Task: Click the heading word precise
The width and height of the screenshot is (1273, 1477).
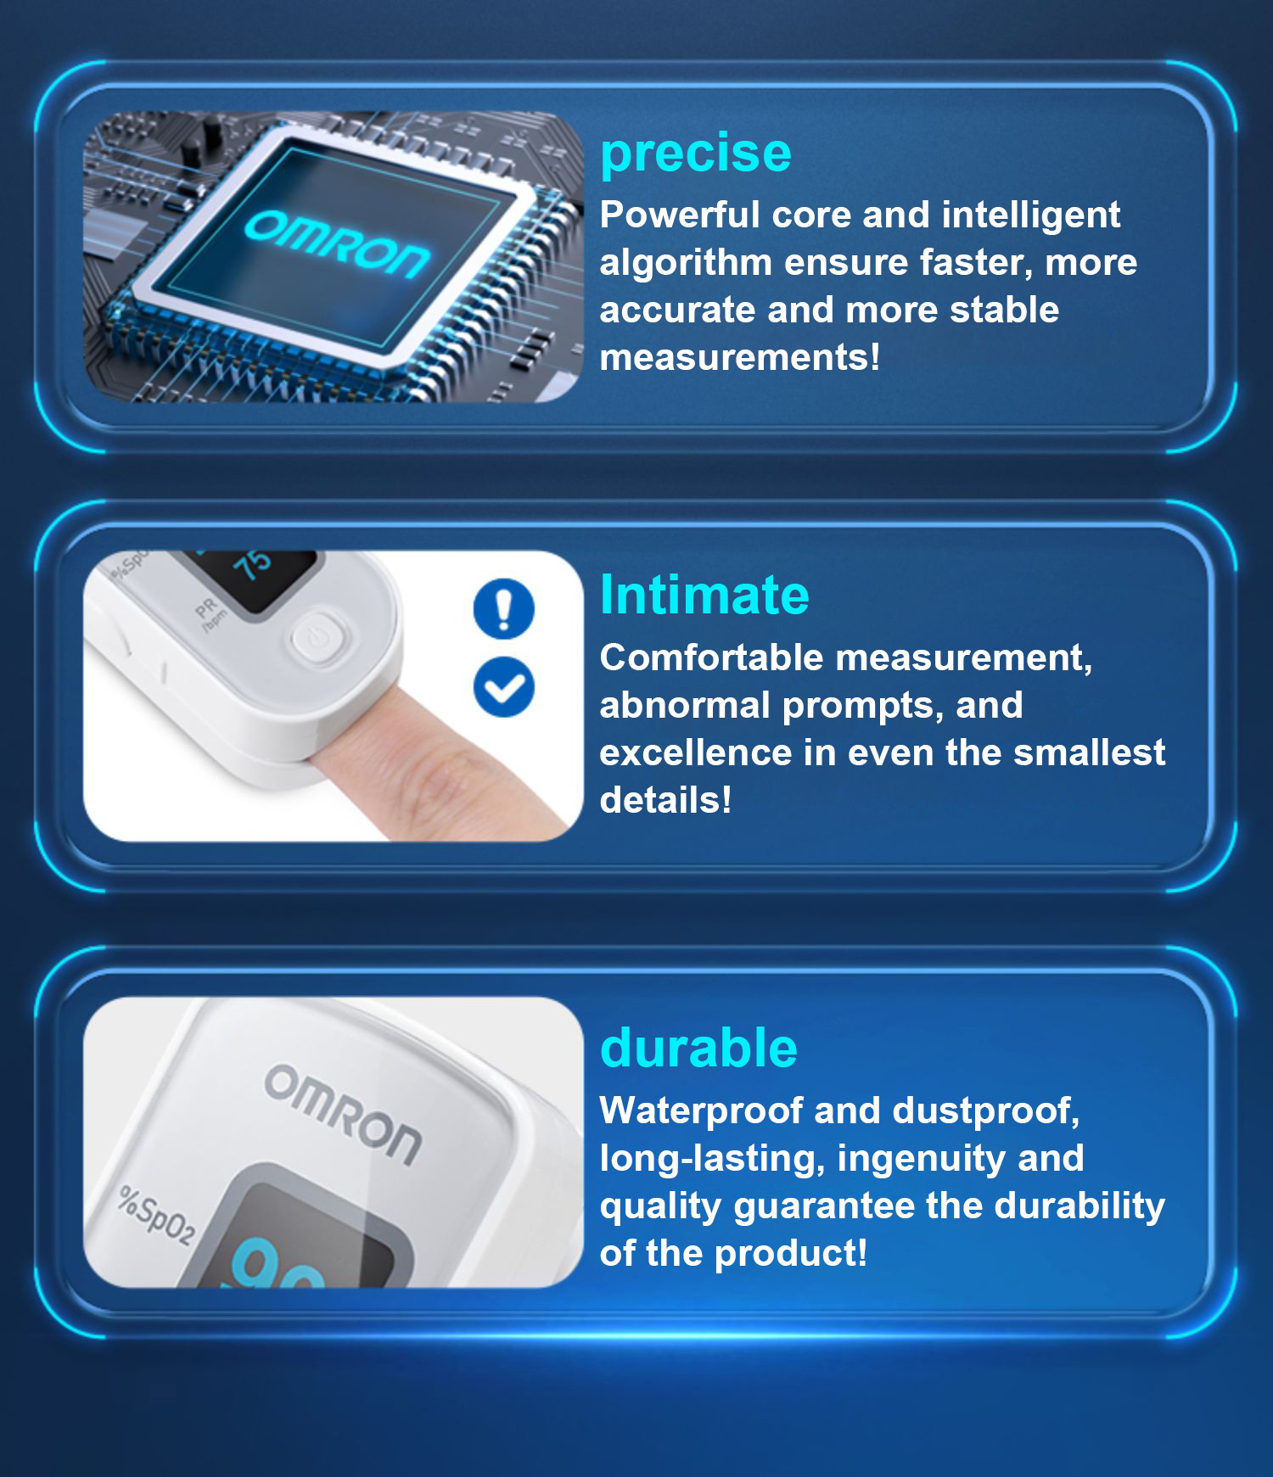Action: (696, 154)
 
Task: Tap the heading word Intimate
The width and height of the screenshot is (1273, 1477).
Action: (704, 594)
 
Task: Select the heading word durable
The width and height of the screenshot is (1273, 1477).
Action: (698, 1048)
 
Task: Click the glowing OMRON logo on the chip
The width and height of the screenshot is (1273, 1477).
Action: (338, 243)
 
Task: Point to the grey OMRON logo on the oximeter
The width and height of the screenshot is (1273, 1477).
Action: (343, 1115)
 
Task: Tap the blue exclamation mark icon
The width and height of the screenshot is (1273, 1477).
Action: (504, 608)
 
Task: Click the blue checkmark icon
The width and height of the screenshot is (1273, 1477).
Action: (504, 687)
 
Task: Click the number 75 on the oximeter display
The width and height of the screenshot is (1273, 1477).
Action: (252, 564)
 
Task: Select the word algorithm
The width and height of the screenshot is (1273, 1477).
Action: (686, 264)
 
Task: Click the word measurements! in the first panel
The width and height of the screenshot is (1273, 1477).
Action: (740, 357)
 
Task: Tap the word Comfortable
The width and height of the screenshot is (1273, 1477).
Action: (712, 657)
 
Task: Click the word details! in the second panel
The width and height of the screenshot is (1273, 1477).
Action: (665, 800)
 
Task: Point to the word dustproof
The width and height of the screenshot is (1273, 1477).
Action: (986, 1112)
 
